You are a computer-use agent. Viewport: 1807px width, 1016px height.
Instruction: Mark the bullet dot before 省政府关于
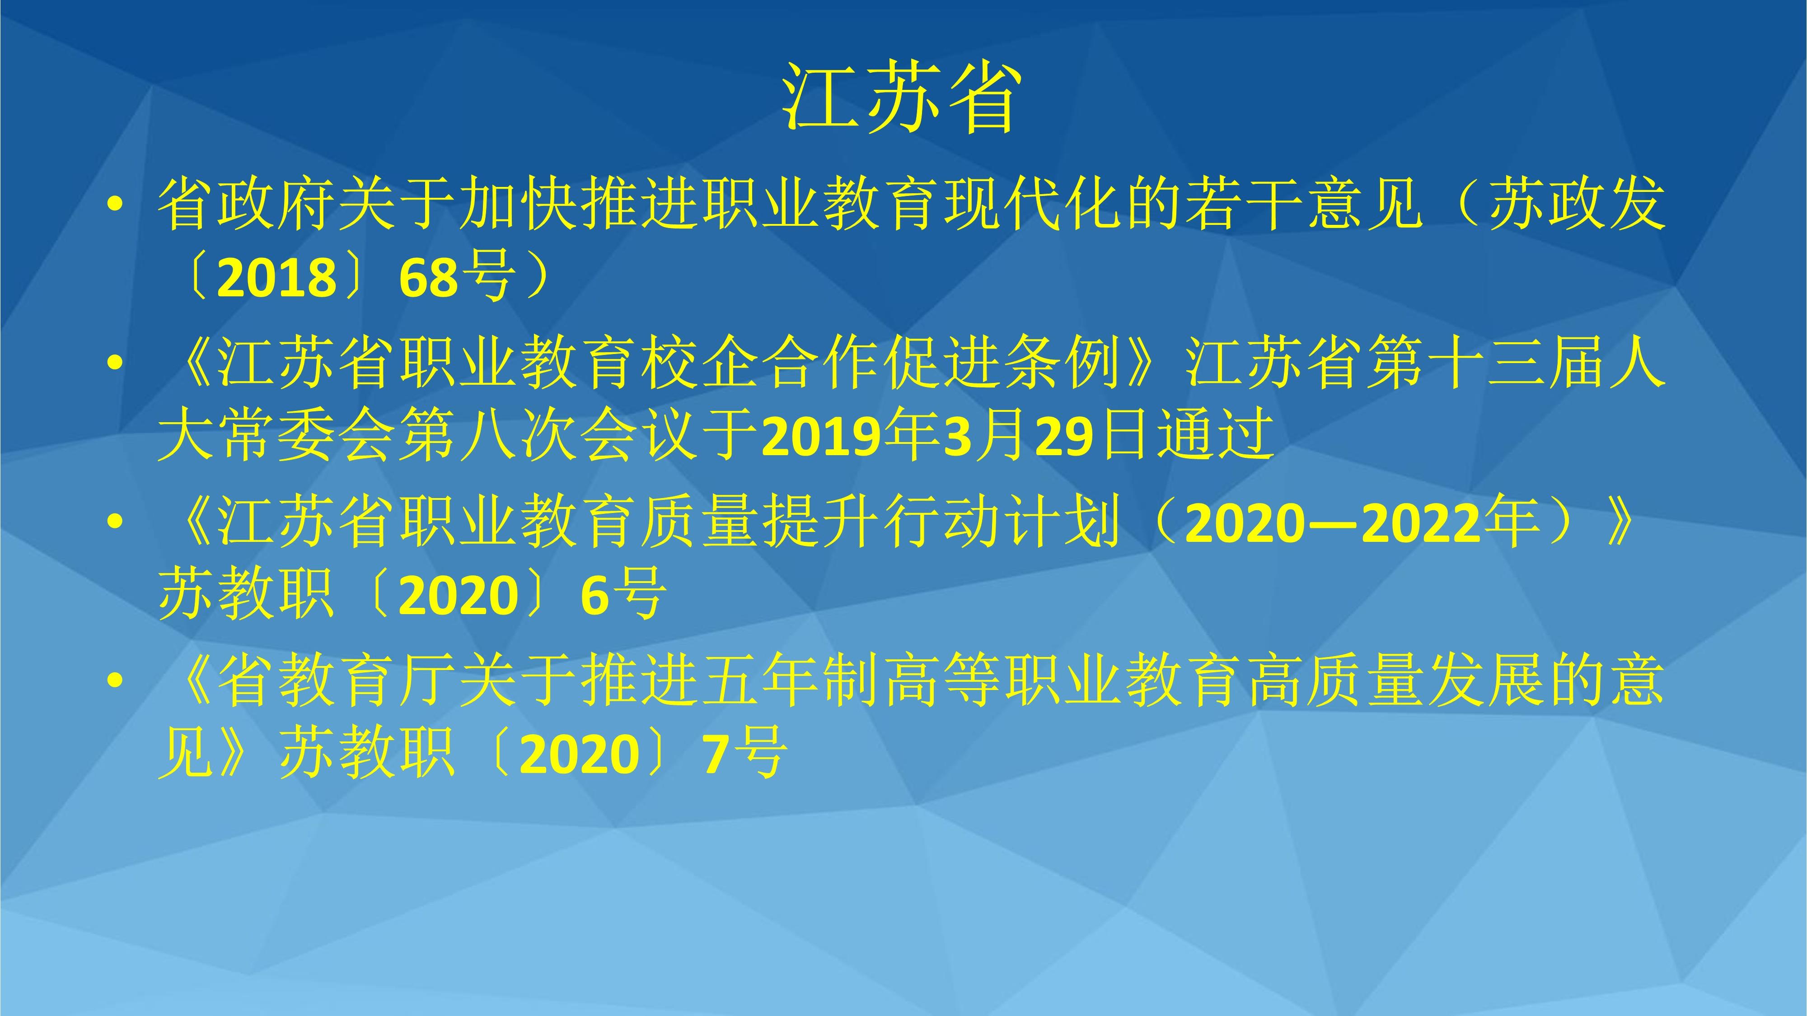116,205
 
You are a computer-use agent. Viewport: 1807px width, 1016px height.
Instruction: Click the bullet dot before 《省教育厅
116,681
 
